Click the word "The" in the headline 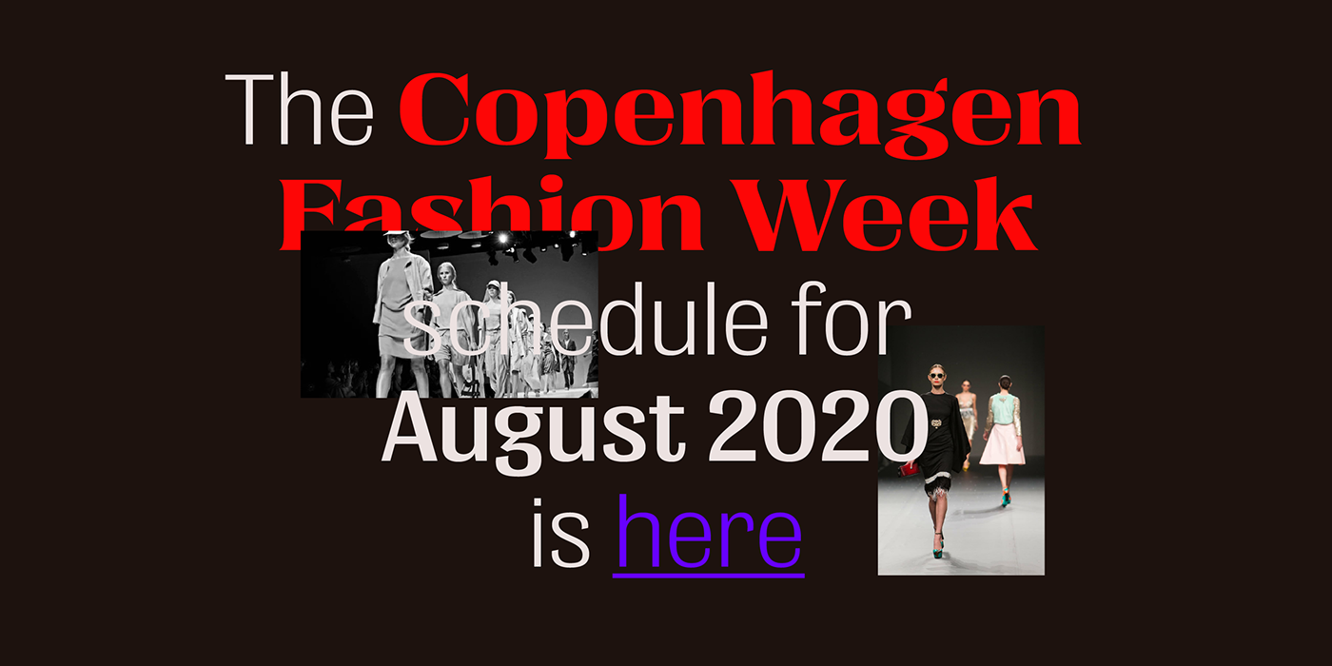coord(300,109)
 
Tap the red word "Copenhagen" coord(740,115)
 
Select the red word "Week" coord(886,213)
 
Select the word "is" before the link coord(560,532)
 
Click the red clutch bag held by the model coord(909,468)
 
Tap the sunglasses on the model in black coord(936,375)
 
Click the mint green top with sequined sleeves coord(1003,410)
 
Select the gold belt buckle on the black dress coord(936,423)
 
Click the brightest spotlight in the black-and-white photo coord(503,239)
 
